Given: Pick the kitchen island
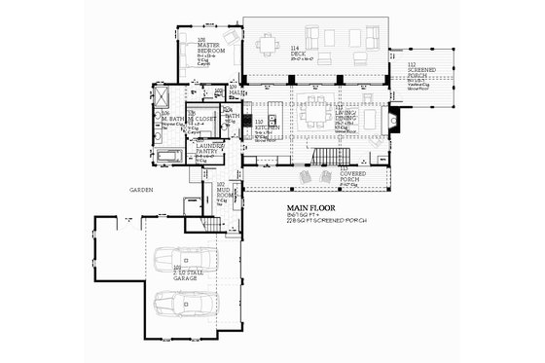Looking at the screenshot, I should coord(276,107).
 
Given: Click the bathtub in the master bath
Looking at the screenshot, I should coord(168,156).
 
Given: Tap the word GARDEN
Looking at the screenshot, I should coord(125,190).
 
